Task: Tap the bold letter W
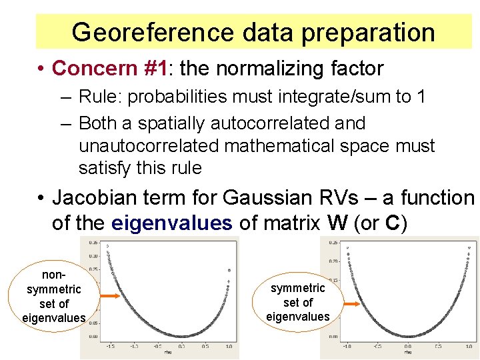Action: click(337, 223)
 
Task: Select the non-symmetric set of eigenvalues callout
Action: click(53, 296)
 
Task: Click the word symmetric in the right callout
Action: click(298, 287)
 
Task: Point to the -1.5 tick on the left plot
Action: click(111, 347)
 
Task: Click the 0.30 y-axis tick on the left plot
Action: click(93, 256)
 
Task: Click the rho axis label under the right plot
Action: click(407, 353)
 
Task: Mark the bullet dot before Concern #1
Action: click(41, 69)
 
